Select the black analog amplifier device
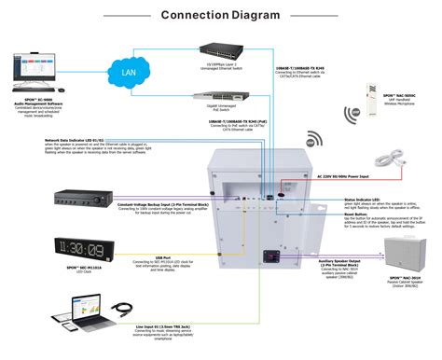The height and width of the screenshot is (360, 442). tap(87, 200)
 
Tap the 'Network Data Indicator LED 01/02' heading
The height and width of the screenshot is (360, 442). tap(79, 139)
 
